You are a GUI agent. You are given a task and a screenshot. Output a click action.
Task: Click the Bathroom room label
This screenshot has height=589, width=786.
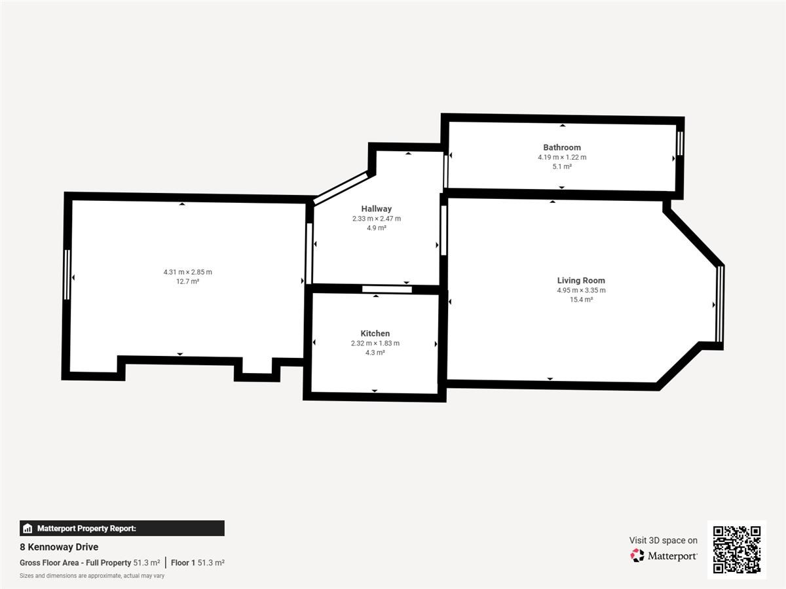click(562, 147)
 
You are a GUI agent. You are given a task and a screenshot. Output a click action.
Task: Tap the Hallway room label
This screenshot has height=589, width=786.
click(377, 209)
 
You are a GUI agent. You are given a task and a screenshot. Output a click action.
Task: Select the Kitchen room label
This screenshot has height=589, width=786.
click(375, 333)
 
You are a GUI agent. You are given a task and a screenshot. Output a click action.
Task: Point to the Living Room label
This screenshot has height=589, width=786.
click(581, 281)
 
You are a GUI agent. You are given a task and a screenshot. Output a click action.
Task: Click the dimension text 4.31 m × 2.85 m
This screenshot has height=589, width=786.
click(187, 272)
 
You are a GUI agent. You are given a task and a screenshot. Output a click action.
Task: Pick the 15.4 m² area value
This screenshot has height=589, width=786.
click(581, 299)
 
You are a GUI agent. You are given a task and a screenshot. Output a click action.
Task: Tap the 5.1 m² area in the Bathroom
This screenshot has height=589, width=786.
click(562, 166)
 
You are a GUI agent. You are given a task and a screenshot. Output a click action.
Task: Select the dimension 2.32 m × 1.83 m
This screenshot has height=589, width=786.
click(375, 344)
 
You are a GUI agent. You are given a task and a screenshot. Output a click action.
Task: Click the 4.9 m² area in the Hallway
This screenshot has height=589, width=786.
click(377, 228)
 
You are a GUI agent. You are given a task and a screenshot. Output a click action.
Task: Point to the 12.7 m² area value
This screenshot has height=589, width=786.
click(187, 281)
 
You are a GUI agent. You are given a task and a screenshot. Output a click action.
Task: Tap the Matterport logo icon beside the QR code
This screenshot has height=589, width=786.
click(637, 556)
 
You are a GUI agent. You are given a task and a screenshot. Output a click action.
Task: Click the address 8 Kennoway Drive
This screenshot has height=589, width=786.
click(59, 547)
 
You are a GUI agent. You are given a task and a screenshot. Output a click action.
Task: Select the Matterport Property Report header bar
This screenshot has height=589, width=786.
click(122, 528)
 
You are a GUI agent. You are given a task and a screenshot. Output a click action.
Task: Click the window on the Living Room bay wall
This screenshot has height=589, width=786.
click(720, 304)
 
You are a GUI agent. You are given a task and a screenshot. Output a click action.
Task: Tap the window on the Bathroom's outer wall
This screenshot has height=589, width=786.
click(680, 144)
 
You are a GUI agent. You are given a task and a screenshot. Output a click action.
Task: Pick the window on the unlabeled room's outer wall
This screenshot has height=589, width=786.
click(67, 275)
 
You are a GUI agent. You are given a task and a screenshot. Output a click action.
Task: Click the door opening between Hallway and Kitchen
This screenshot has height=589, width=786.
click(386, 289)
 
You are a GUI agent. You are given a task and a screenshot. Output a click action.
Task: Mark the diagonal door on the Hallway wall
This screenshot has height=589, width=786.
click(341, 188)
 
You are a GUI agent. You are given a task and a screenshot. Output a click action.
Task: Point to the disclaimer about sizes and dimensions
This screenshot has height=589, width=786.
click(92, 576)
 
